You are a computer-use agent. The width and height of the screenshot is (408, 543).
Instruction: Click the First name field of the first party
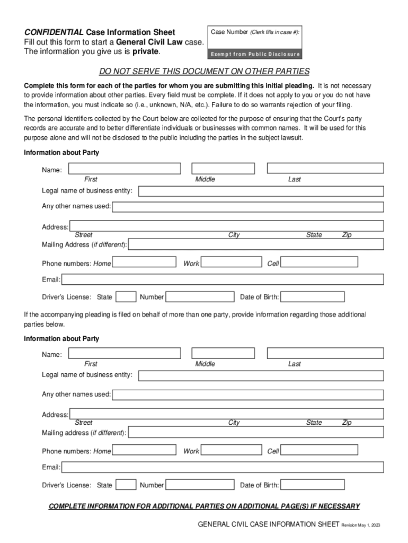124,169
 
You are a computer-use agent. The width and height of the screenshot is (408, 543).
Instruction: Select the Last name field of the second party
325,353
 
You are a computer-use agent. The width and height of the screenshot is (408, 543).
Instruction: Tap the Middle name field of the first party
223,169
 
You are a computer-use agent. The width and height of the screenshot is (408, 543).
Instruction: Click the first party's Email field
222,279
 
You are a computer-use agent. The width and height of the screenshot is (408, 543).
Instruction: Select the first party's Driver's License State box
126,297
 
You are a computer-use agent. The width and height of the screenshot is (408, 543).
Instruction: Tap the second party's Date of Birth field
312,485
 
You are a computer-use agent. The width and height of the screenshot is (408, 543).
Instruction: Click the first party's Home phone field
144,262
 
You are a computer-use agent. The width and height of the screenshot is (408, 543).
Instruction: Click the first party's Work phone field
232,262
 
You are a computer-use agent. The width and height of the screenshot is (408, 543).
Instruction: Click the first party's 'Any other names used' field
247,206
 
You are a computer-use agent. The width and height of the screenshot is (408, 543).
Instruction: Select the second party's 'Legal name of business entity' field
261,375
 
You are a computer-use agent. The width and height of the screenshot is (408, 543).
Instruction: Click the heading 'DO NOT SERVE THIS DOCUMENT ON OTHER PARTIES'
204,72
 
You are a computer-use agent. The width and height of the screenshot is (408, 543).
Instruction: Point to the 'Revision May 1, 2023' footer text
361,525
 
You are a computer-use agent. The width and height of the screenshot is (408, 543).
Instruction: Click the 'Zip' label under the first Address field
347,235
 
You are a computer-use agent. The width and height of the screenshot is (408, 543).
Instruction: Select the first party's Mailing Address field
256,244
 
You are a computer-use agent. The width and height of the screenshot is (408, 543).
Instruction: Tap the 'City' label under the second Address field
234,423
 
